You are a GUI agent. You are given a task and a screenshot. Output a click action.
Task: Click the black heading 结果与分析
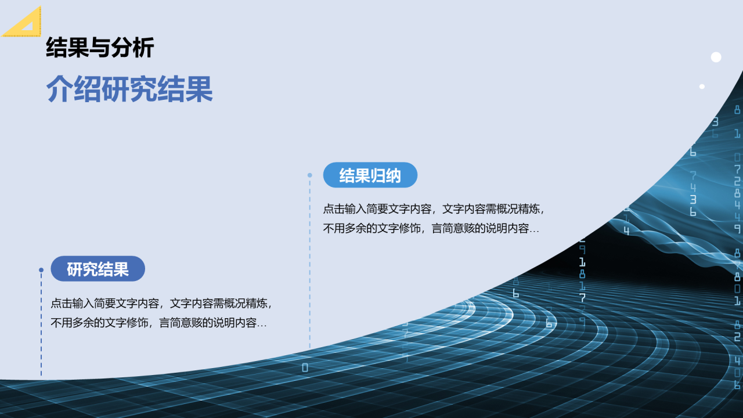(x=100, y=48)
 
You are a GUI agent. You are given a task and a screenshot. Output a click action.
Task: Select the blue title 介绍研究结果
(x=129, y=89)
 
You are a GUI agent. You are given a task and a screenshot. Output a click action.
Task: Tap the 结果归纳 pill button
(x=370, y=175)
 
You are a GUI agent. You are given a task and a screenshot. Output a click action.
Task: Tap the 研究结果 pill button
(x=98, y=269)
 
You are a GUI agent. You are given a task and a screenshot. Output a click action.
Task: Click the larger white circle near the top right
(x=716, y=57)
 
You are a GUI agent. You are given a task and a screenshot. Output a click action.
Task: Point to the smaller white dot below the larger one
(x=702, y=87)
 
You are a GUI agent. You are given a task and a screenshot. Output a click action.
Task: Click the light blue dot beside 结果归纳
(x=310, y=175)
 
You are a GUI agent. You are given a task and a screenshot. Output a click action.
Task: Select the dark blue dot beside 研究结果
(x=41, y=270)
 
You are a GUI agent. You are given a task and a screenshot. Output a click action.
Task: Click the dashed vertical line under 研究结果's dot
(x=41, y=324)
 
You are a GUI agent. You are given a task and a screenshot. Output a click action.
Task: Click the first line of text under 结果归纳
(x=434, y=209)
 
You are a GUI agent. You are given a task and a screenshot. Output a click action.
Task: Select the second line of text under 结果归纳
(x=431, y=229)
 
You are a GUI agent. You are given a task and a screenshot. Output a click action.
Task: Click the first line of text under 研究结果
(x=161, y=303)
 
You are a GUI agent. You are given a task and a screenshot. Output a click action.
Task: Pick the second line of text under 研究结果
(x=159, y=323)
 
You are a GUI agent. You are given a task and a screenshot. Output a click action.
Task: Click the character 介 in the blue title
(x=60, y=89)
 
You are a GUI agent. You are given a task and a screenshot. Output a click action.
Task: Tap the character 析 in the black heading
(x=143, y=48)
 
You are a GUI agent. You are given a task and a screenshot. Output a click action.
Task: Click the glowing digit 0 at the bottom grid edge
(x=305, y=367)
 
